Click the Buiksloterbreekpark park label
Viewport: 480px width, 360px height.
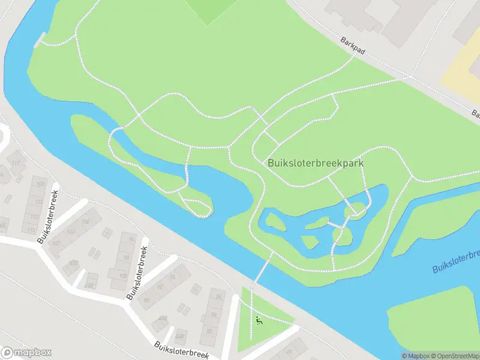point(316,163)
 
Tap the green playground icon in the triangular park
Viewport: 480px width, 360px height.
point(259,320)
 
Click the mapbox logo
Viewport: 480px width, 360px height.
point(26,353)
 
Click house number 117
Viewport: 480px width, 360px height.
point(16,163)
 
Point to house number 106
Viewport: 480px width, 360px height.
point(85,223)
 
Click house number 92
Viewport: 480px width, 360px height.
point(160,287)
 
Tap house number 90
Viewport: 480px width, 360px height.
point(147,299)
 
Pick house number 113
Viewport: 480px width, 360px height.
point(31,230)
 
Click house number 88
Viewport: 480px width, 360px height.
point(210,331)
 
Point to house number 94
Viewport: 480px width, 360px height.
point(172,276)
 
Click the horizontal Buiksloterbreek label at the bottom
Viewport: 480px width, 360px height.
point(181,350)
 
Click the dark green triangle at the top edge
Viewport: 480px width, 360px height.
point(208,10)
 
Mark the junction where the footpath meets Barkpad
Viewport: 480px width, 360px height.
point(410,76)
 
